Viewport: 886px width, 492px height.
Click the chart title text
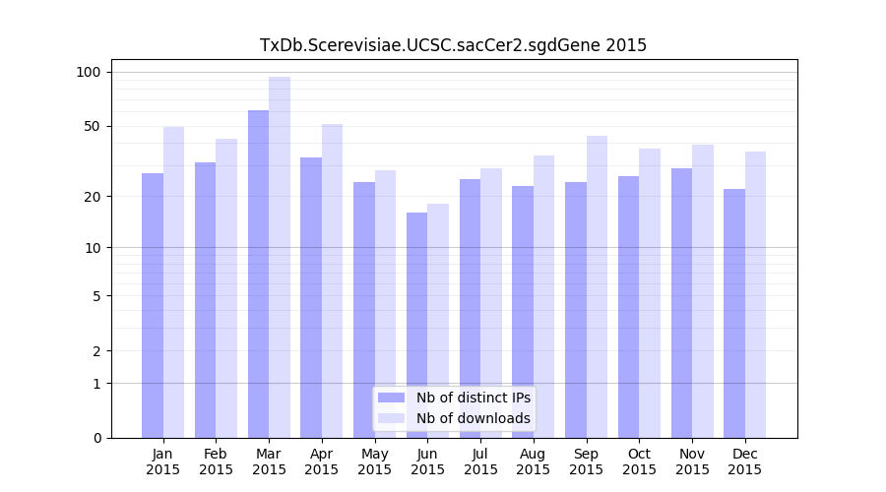click(453, 45)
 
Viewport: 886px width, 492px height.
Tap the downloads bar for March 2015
click(280, 257)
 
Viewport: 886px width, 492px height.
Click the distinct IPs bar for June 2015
click(416, 325)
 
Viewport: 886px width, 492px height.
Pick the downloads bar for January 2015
click(173, 282)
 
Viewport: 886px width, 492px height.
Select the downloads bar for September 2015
click(597, 286)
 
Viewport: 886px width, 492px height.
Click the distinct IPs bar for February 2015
click(205, 300)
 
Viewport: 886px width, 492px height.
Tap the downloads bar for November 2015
click(702, 291)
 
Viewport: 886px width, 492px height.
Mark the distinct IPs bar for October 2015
click(628, 307)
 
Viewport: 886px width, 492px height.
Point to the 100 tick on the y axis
click(89, 72)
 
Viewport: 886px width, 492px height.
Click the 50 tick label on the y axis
click(93, 126)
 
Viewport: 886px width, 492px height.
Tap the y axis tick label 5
click(96, 295)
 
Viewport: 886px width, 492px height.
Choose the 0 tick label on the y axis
click(96, 438)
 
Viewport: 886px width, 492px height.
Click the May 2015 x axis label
click(374, 461)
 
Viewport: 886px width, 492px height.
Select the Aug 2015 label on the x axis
click(534, 461)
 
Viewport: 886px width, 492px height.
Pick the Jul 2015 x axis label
click(480, 461)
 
